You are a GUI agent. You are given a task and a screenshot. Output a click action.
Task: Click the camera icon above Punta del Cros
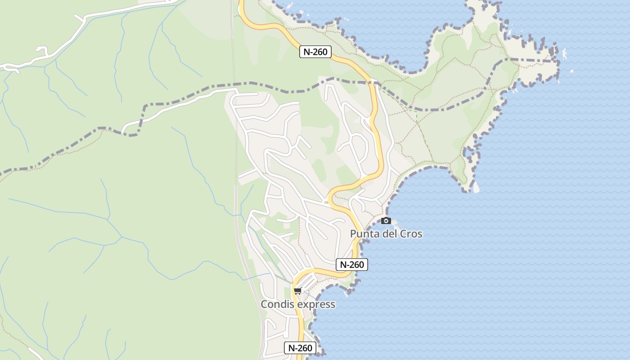click(386, 220)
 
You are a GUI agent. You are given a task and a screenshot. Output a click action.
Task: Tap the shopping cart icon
click(297, 291)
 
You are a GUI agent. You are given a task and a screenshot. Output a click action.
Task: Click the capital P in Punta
click(353, 234)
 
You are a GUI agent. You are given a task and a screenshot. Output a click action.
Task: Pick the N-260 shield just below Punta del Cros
click(352, 265)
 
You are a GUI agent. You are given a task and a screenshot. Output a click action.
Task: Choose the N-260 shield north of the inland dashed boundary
click(315, 52)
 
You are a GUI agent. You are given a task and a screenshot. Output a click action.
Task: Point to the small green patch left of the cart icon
click(288, 292)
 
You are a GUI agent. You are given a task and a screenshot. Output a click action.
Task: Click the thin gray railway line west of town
click(235, 180)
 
